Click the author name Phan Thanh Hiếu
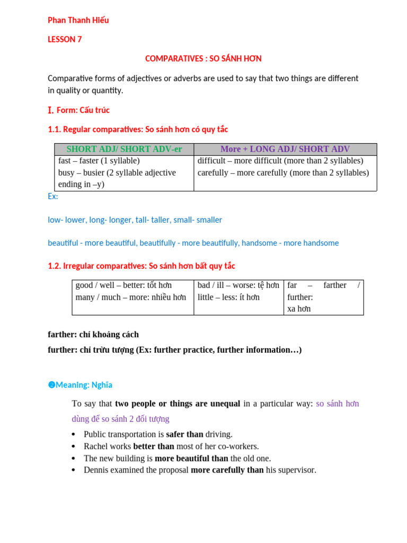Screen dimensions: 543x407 tap(78, 20)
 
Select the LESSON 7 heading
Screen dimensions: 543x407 tap(65, 39)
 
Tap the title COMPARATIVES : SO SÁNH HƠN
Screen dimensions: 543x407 tap(203, 58)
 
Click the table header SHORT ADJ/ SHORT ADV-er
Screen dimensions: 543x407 tap(124, 149)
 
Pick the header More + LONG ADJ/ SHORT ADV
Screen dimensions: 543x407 tap(285, 149)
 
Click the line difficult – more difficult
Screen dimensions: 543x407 tap(280, 161)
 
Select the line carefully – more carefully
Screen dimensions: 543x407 tap(283, 172)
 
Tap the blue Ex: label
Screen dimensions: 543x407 tap(53, 196)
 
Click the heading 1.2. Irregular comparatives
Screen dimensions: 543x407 tap(141, 266)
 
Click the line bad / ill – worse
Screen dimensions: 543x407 tap(238, 285)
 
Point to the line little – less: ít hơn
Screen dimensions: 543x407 tap(228, 297)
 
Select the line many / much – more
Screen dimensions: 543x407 tap(131, 297)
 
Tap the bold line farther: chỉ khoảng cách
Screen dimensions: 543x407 tap(93, 335)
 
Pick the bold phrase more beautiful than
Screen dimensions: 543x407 tap(191, 458)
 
